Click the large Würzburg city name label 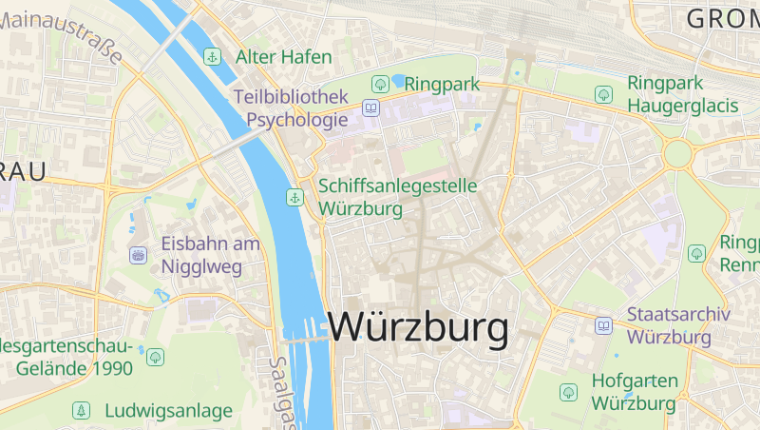coord(418,328)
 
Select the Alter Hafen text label coord(284,57)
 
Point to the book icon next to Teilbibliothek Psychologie coord(370,108)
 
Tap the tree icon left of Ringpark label coord(380,84)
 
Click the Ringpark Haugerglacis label coord(683,94)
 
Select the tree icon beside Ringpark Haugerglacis coord(602,94)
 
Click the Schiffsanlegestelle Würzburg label coord(398,197)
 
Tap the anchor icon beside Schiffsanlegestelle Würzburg coord(294,198)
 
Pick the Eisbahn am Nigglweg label coord(210,255)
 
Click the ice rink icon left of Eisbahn coord(138,255)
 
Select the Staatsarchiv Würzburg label coord(677,325)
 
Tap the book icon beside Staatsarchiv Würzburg coord(603,325)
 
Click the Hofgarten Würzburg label coord(635,391)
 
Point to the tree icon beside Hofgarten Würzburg coord(568,391)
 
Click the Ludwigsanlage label coord(168,411)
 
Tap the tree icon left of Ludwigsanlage coord(82,411)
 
